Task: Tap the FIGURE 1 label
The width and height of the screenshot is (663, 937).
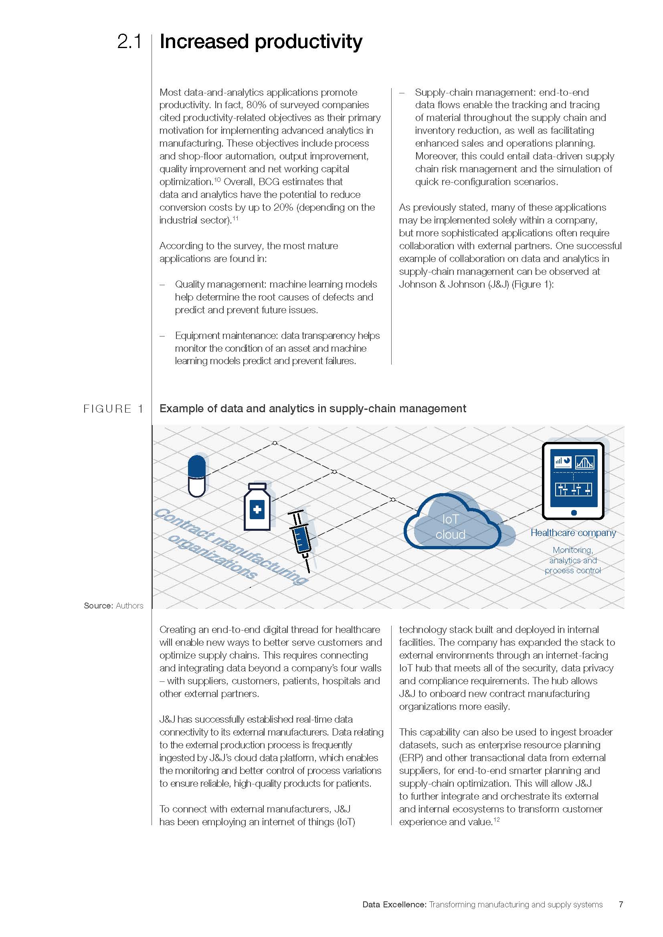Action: (113, 409)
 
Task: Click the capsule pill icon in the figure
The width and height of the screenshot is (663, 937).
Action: (196, 476)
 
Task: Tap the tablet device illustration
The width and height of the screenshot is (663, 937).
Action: (573, 480)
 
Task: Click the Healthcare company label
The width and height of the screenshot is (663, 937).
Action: (573, 532)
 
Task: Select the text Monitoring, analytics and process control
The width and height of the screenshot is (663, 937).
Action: (573, 560)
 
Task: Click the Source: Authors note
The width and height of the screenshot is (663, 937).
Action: (113, 606)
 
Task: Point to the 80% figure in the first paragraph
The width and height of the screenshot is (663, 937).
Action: (257, 105)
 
